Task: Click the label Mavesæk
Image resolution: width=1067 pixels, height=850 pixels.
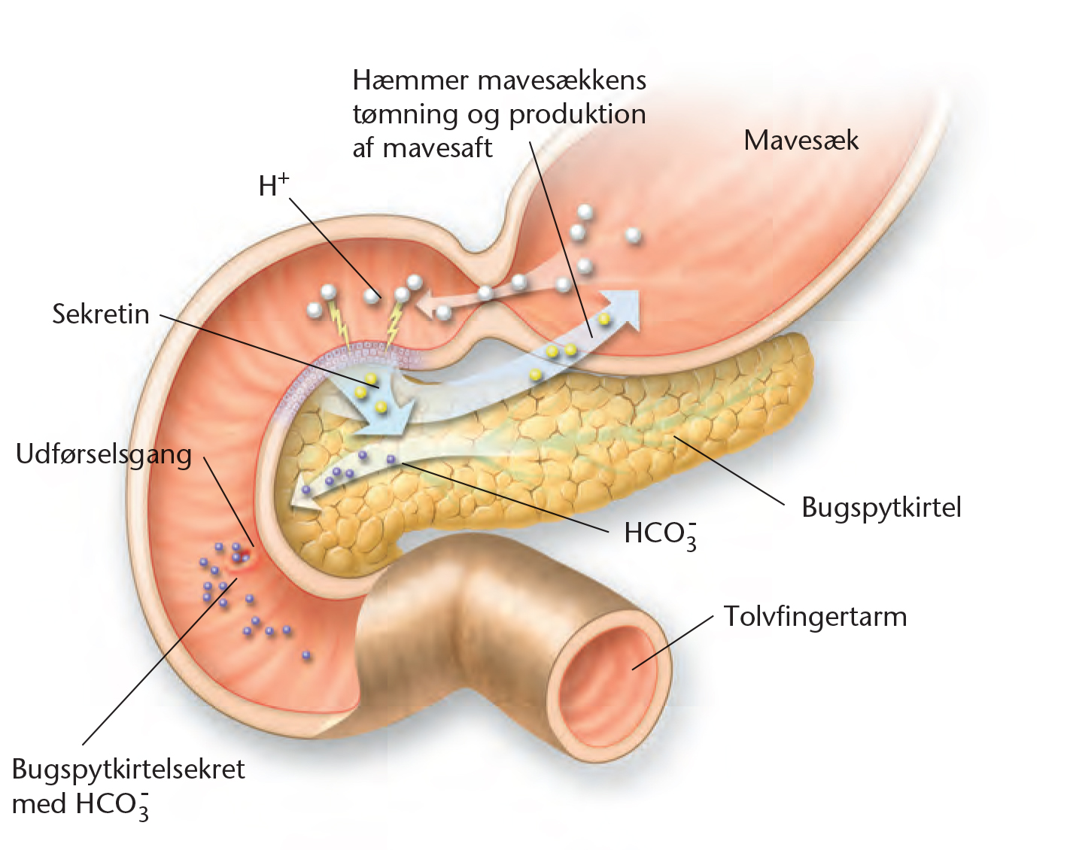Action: [801, 140]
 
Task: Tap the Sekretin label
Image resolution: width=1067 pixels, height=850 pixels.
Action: [101, 314]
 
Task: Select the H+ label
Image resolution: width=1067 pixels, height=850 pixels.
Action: [273, 185]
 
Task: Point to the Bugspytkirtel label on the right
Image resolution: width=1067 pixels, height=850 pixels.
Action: [881, 508]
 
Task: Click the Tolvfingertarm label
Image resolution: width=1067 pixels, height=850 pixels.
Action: [815, 617]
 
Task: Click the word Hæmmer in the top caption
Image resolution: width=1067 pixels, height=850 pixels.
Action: [410, 80]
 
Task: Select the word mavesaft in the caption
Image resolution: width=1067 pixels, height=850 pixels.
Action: [437, 147]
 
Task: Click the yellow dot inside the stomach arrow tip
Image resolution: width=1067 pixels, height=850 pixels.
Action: [604, 320]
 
